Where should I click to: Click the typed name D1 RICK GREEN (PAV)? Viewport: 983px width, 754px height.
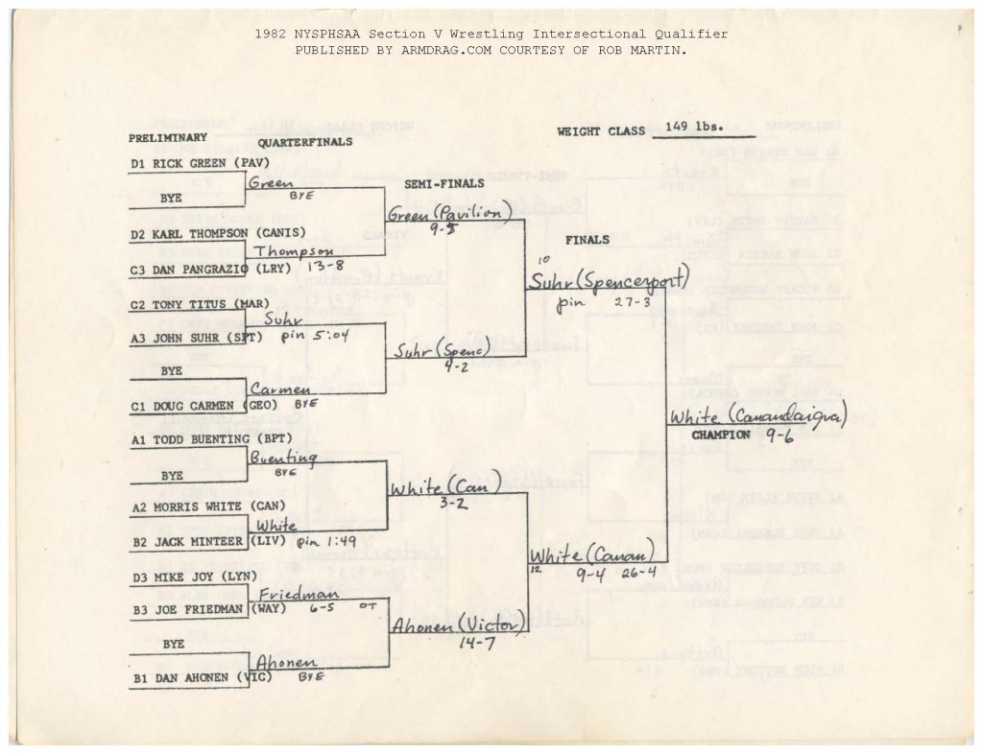point(192,164)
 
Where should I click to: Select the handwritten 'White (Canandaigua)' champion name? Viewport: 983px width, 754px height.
point(757,418)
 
